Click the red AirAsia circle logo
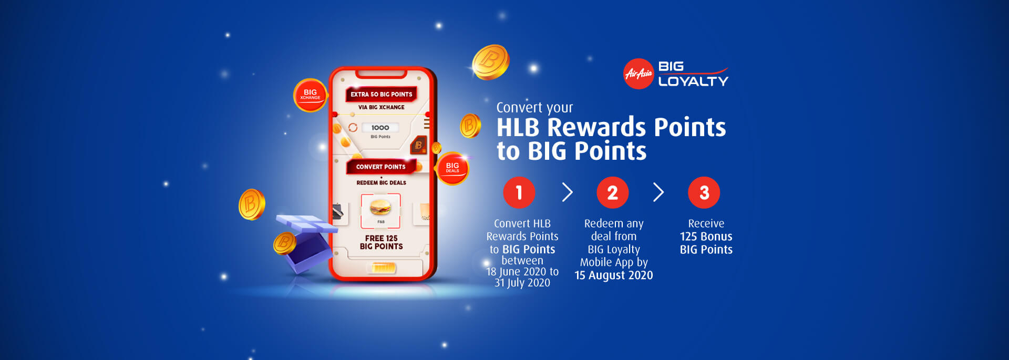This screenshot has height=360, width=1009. pyautogui.click(x=639, y=74)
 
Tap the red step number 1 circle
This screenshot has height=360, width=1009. pyautogui.click(x=519, y=192)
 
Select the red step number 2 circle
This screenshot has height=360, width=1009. pyautogui.click(x=613, y=192)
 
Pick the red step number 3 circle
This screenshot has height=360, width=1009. pyautogui.click(x=704, y=192)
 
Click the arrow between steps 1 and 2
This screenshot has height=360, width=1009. pyautogui.click(x=568, y=192)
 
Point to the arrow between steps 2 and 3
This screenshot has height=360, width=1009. pyautogui.click(x=659, y=192)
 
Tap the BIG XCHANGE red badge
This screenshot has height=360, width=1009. pyautogui.click(x=310, y=95)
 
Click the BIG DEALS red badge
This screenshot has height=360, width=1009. pyautogui.click(x=452, y=168)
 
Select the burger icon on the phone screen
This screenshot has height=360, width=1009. pyautogui.click(x=380, y=207)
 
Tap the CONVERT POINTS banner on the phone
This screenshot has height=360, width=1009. pyautogui.click(x=381, y=167)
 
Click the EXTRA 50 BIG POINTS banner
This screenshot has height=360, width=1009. pyautogui.click(x=382, y=94)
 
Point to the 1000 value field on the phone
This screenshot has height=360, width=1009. pyautogui.click(x=380, y=128)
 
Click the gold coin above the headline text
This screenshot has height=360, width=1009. pyautogui.click(x=490, y=62)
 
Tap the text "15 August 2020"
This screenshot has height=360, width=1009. pyautogui.click(x=614, y=275)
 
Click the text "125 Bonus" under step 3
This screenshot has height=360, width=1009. pyautogui.click(x=706, y=236)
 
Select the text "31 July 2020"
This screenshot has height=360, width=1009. pyautogui.click(x=522, y=283)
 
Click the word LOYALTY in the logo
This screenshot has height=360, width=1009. pyautogui.click(x=693, y=81)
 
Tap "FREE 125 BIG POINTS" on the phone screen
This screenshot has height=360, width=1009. pyautogui.click(x=382, y=242)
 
